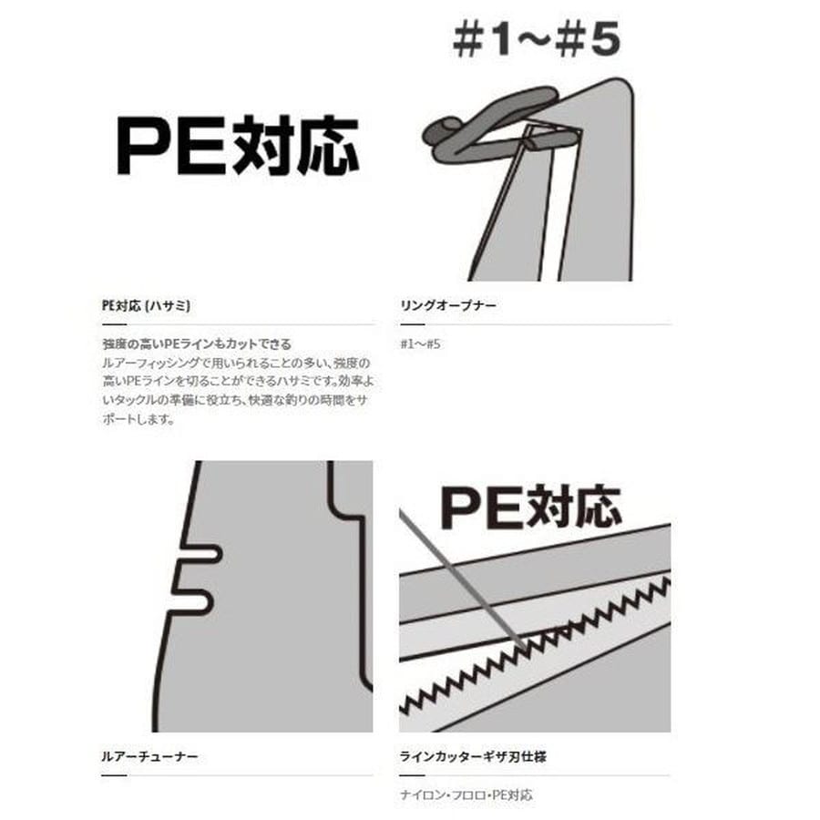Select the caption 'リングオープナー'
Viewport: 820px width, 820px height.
448,307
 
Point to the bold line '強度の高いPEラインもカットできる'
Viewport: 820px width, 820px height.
197,344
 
